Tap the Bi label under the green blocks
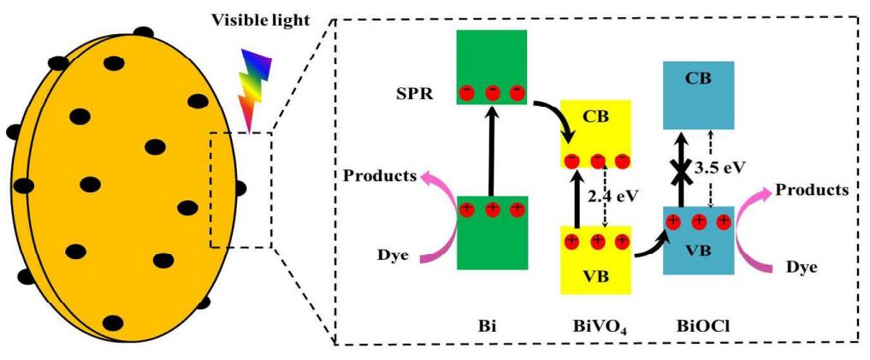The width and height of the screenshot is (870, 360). coord(490,327)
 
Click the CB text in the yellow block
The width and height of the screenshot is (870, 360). coord(596,116)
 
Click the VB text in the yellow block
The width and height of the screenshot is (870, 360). coord(596,275)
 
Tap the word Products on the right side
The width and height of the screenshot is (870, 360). coord(812,189)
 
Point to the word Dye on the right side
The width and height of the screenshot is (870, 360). coord(801,268)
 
